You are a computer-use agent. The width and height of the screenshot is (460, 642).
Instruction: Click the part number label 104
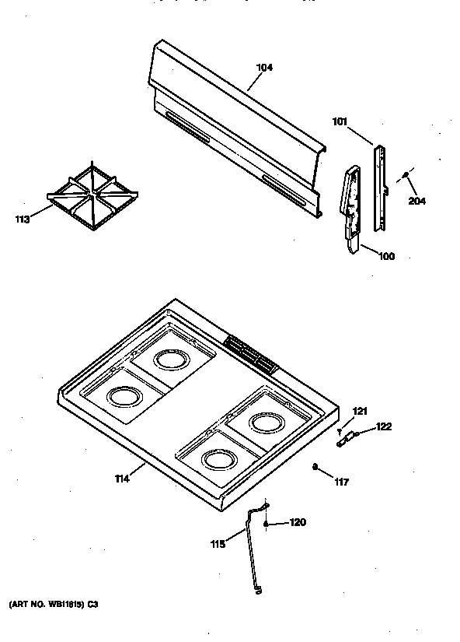click(265, 68)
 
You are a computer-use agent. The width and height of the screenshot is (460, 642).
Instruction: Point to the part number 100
click(385, 256)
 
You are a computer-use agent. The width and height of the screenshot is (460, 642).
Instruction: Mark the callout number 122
click(384, 426)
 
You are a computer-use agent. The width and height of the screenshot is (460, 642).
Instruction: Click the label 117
click(340, 481)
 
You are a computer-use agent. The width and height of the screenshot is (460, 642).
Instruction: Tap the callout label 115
click(218, 544)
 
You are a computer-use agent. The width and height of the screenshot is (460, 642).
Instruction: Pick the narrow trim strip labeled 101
click(378, 187)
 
